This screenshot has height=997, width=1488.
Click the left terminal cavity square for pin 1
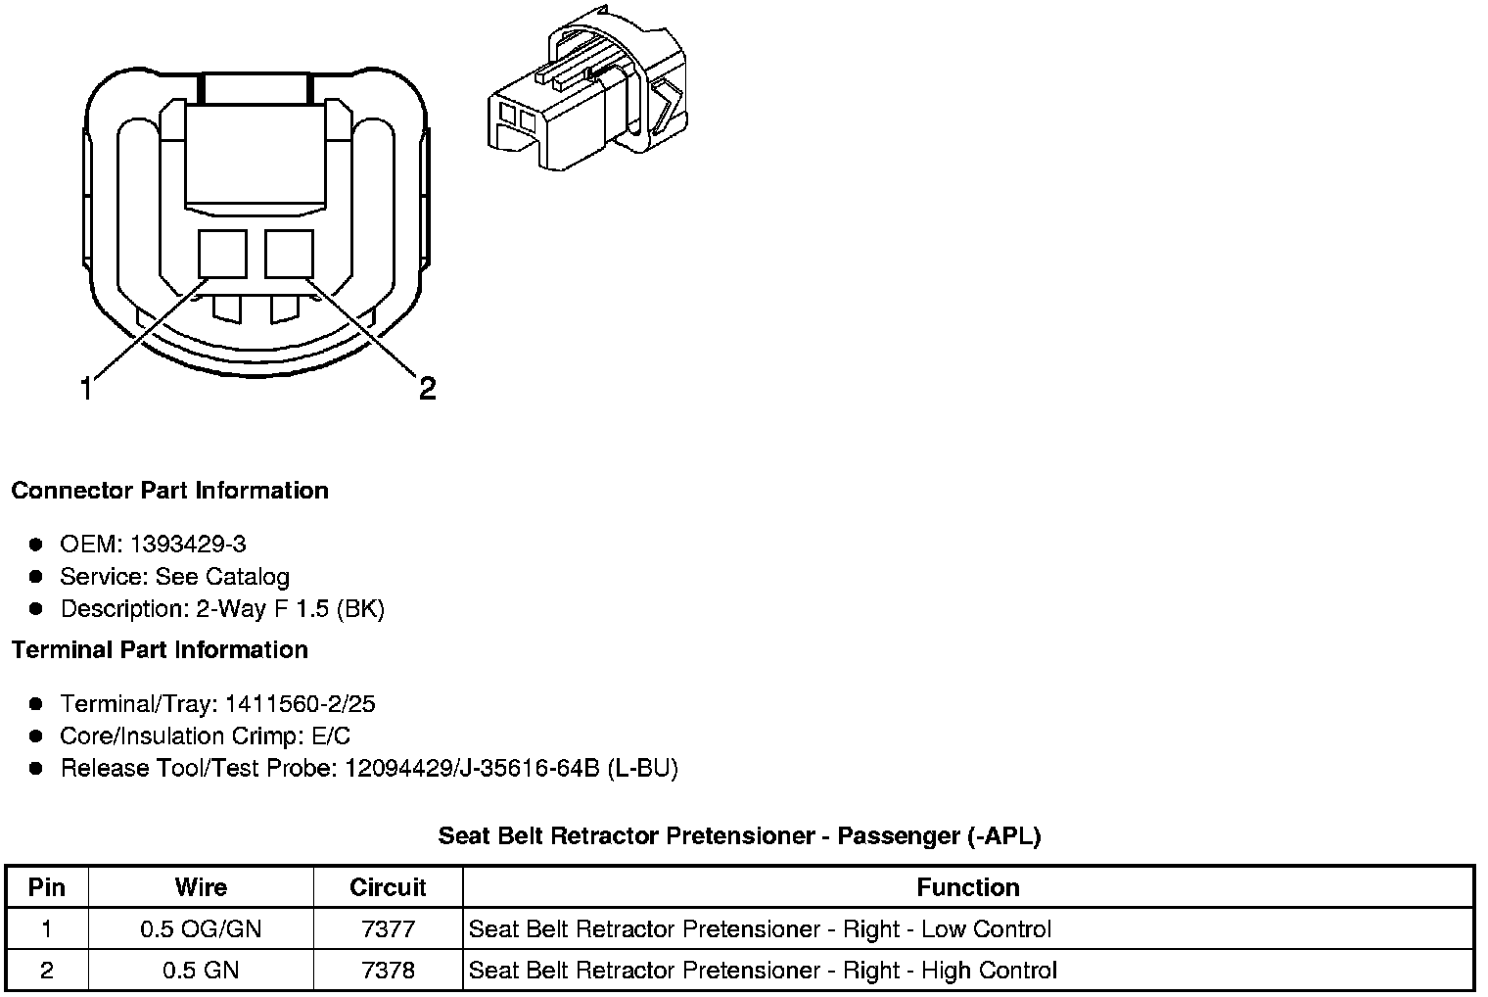click(x=222, y=255)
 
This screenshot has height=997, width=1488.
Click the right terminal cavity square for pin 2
click(x=289, y=255)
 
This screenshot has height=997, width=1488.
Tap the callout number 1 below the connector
click(x=87, y=390)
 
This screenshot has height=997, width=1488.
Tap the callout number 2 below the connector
click(x=427, y=389)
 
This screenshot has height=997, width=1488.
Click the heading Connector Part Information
click(x=169, y=491)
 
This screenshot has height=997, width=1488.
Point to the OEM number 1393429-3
click(x=195, y=545)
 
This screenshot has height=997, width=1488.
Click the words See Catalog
click(x=222, y=577)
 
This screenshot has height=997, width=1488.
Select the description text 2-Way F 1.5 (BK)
click(x=290, y=609)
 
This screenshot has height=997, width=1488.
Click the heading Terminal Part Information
click(x=160, y=650)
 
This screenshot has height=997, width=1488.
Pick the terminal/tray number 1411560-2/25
click(x=300, y=704)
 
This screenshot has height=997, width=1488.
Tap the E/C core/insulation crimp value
click(x=328, y=736)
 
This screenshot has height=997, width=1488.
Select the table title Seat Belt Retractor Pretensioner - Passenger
click(x=739, y=836)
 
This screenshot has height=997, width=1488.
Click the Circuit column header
click(x=388, y=888)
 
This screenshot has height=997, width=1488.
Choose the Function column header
click(x=967, y=888)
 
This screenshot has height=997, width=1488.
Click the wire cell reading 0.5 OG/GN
click(x=201, y=929)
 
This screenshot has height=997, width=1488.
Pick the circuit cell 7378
click(x=388, y=971)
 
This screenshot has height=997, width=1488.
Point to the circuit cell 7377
click(x=388, y=929)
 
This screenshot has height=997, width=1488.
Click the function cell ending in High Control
click(x=763, y=971)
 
